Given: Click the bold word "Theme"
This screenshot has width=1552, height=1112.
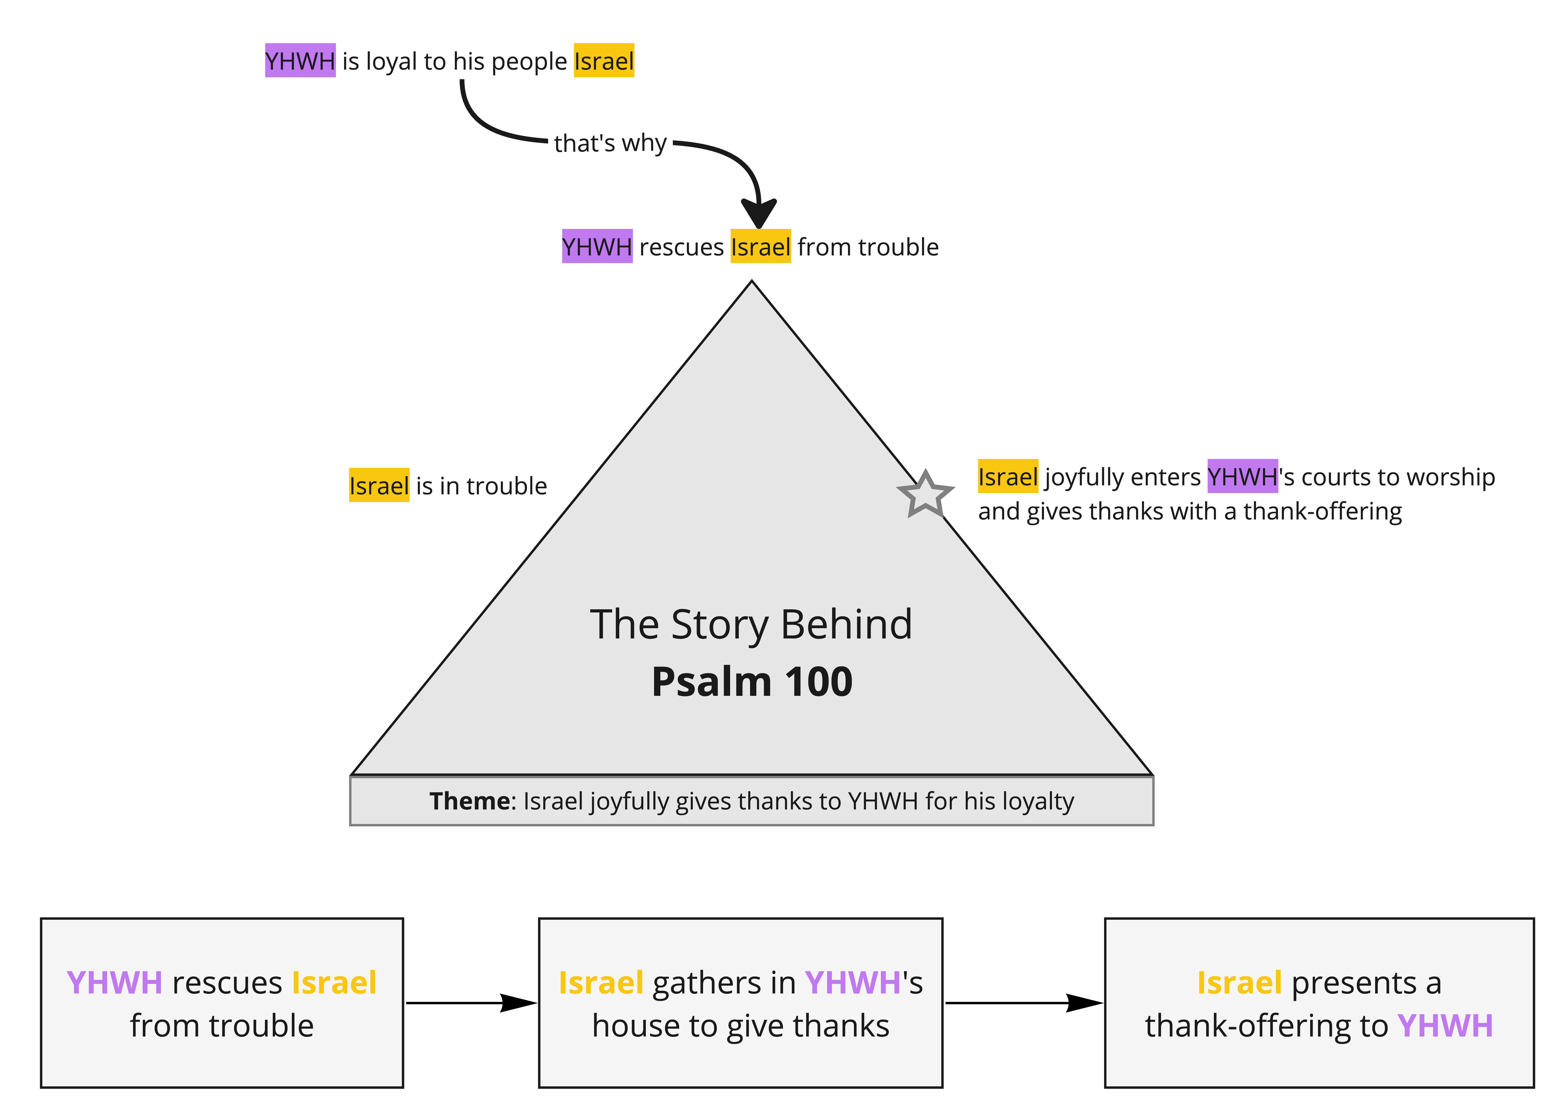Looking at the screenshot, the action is tap(469, 801).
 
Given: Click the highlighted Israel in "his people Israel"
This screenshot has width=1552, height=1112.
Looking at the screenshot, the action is tap(603, 61).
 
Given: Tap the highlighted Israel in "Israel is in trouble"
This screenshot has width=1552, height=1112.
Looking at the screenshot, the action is tap(379, 485).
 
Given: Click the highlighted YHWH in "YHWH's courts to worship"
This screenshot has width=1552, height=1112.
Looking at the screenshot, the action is tap(1242, 476).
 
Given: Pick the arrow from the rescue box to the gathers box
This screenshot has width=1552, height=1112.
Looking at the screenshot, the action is tap(472, 1003).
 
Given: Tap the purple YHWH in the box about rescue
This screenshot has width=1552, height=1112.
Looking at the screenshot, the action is tap(114, 983).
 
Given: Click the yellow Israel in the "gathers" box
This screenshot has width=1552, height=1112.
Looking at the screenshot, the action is tap(601, 983).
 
